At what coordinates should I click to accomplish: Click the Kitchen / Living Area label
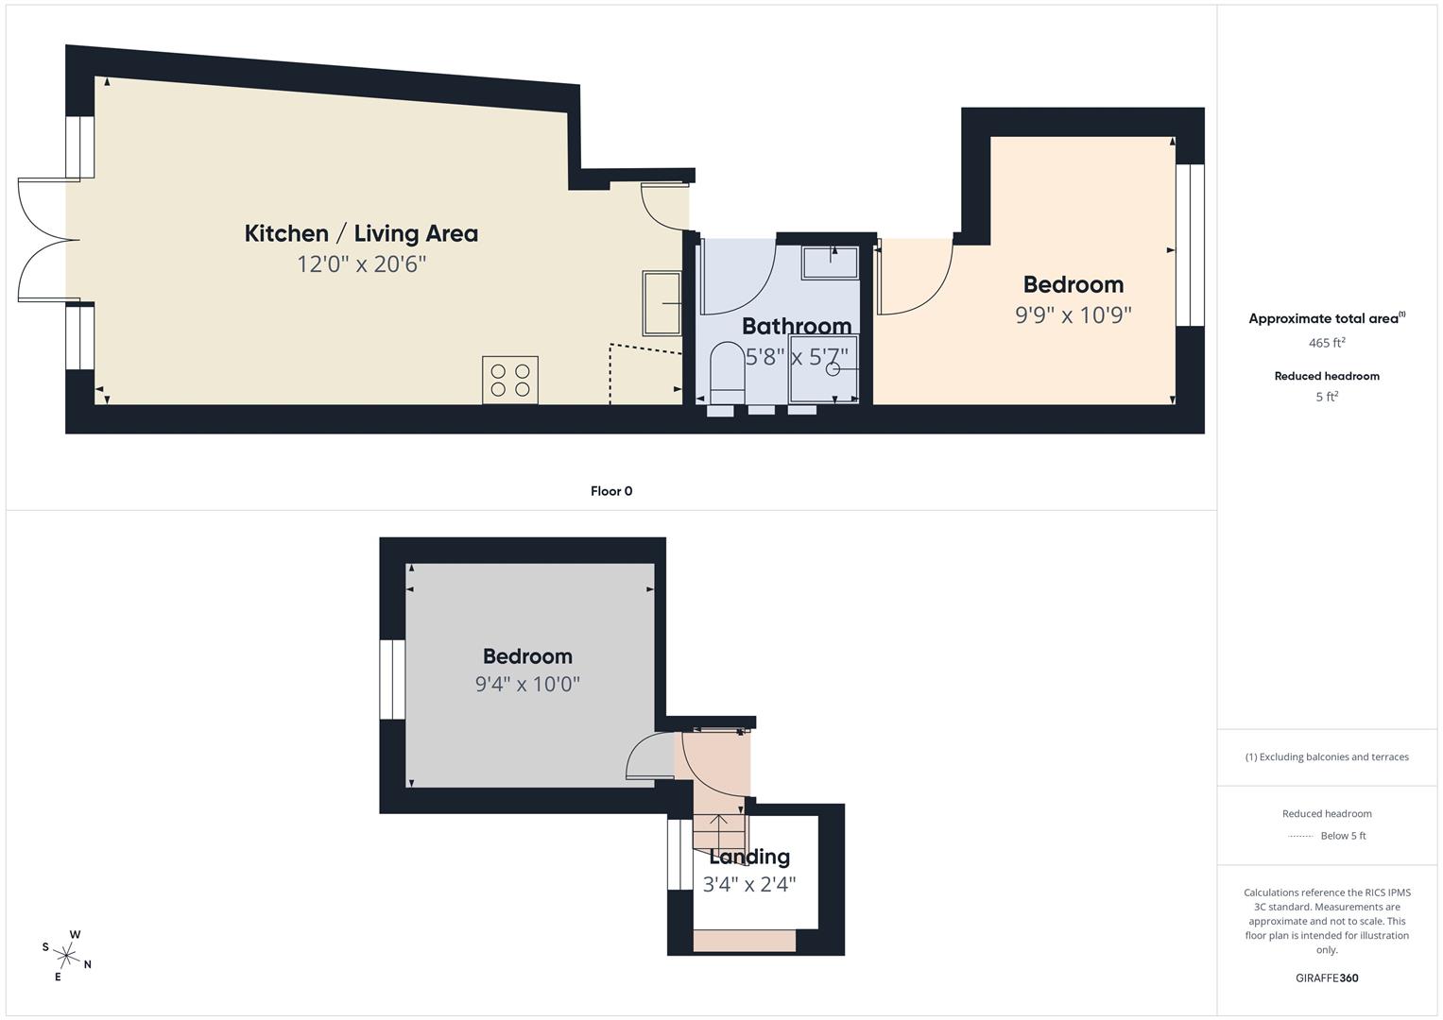pyautogui.click(x=361, y=233)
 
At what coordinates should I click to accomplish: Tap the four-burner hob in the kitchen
pyautogui.click(x=509, y=380)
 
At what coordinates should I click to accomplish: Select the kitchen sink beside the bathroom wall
pyautogui.click(x=661, y=303)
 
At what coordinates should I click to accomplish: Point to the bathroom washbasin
pyautogui.click(x=830, y=263)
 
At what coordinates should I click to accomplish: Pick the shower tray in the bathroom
pyautogui.click(x=824, y=370)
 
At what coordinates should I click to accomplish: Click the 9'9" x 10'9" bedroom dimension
pyautogui.click(x=1073, y=314)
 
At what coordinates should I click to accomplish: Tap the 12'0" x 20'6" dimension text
pyautogui.click(x=361, y=264)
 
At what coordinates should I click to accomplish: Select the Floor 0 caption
pyautogui.click(x=611, y=491)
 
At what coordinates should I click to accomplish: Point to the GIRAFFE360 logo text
pyautogui.click(x=1326, y=977)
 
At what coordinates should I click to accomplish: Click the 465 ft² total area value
pyautogui.click(x=1326, y=343)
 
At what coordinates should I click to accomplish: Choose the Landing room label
pyautogui.click(x=749, y=857)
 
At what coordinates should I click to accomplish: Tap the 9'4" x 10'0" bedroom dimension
pyautogui.click(x=527, y=684)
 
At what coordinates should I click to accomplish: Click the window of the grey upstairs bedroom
pyautogui.click(x=392, y=679)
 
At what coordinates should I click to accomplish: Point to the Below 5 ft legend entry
pyautogui.click(x=1342, y=836)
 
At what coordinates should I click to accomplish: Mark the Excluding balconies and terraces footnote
pyautogui.click(x=1326, y=756)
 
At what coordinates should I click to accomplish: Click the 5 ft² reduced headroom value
pyautogui.click(x=1326, y=397)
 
